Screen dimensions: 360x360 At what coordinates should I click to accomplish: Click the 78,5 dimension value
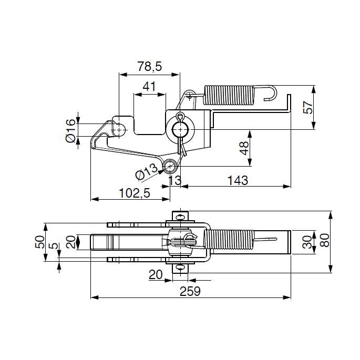pos(150,66)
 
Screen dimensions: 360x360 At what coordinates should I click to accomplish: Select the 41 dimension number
pos(149,87)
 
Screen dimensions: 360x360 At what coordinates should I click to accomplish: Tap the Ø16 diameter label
pos(70,130)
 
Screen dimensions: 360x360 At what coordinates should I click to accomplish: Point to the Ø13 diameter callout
pos(147,171)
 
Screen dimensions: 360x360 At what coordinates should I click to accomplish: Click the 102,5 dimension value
pos(135,193)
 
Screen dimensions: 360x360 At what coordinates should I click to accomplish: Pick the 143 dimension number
pos(238,180)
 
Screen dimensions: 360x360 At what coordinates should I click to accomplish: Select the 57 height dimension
pos(308,107)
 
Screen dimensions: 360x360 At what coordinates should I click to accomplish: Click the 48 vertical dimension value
pos(244,148)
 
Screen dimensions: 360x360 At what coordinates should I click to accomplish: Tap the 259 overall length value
pos(190,291)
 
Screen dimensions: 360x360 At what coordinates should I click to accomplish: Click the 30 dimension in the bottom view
pos(307,242)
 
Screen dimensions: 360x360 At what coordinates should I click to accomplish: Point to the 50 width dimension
pos(40,242)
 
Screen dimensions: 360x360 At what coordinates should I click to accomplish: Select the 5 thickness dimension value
pos(54,246)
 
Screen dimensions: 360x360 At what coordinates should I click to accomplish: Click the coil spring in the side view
pos(229,95)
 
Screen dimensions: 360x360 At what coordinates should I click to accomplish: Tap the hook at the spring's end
pos(271,92)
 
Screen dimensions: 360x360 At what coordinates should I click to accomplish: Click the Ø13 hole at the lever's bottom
pos(170,166)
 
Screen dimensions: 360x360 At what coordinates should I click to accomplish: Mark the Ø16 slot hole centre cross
pos(119,130)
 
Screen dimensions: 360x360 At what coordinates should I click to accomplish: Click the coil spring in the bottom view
pos(229,240)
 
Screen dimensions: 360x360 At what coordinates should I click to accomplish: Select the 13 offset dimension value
pos(175,180)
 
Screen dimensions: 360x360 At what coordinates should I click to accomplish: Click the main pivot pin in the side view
pos(180,130)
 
